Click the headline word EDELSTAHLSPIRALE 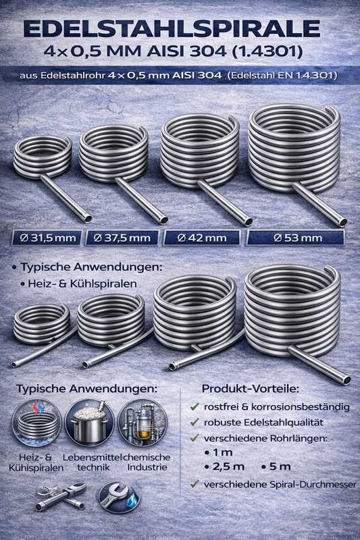coord(172,29)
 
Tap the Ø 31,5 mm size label coord(47,238)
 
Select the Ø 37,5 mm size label coord(122,238)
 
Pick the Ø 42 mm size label coord(202,238)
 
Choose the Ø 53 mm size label coord(296,238)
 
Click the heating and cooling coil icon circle coord(36,423)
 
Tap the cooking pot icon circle coord(90,423)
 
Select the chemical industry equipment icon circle coord(143,423)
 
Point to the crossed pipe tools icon coord(61,497)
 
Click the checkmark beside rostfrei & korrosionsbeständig coord(195,407)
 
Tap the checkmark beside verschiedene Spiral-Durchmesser coord(195,484)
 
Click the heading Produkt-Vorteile coord(251,389)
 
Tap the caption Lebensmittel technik coord(93,462)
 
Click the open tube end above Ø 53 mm coord(342,222)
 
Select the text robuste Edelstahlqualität coord(263,423)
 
